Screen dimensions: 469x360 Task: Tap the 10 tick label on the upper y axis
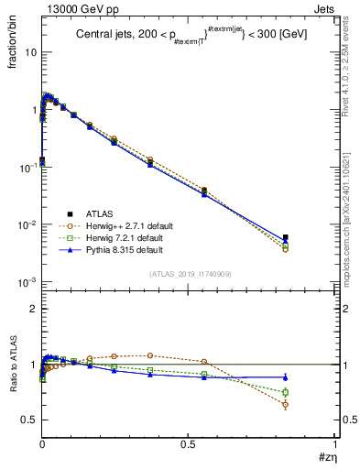30,52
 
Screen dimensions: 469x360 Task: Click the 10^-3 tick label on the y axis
27,282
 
